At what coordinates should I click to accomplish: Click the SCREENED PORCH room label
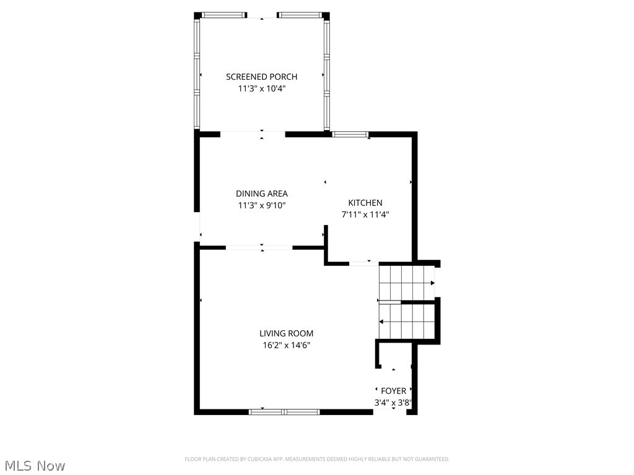tap(261, 77)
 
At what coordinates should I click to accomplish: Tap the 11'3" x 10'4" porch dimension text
tap(261, 88)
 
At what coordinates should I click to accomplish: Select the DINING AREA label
tap(261, 194)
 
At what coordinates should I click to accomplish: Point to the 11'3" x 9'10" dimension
tap(261, 205)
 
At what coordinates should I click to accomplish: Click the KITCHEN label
tap(365, 203)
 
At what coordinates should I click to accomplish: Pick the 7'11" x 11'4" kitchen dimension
tap(365, 215)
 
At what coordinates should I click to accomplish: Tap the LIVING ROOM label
tap(286, 333)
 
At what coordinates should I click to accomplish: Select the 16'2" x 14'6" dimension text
tap(286, 345)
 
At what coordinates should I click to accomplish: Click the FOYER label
tap(393, 391)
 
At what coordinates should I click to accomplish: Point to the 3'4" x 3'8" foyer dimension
tap(393, 403)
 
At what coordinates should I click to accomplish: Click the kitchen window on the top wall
tap(350, 134)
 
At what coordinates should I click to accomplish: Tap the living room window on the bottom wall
tap(284, 411)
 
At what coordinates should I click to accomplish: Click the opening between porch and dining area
tap(253, 133)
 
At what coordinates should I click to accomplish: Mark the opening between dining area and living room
tap(259, 248)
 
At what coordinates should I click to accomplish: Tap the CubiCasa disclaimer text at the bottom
tap(317, 459)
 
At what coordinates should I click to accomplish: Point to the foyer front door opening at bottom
tap(389, 411)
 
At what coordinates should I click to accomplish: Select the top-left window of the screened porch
tap(224, 15)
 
